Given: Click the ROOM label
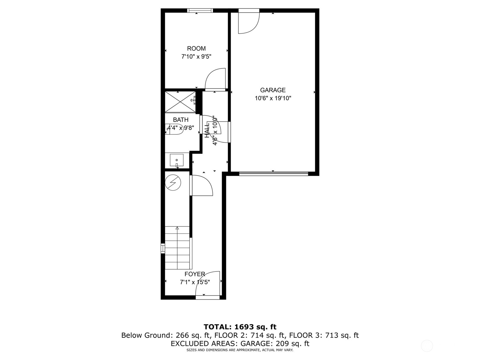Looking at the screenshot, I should [x=196, y=48].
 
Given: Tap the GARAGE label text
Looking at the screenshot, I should [x=272, y=90].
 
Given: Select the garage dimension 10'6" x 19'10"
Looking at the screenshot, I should [x=273, y=98].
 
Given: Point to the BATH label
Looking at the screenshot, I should [x=181, y=120].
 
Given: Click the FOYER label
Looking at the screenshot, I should [x=195, y=274].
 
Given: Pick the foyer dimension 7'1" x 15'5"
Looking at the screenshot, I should [x=195, y=282].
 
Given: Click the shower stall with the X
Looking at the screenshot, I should [x=180, y=102].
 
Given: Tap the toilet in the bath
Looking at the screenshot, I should [x=175, y=129].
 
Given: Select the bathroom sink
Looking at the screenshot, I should [x=176, y=160].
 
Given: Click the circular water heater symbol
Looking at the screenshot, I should [x=173, y=183].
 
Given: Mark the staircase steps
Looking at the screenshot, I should [x=177, y=248].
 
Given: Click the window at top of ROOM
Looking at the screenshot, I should [x=200, y=10].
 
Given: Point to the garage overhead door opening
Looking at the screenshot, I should [x=273, y=173].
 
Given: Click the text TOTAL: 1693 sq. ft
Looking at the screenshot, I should [x=240, y=327].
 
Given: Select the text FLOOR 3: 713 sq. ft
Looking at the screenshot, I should [x=324, y=335].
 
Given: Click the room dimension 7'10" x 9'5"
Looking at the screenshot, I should [x=196, y=56].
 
